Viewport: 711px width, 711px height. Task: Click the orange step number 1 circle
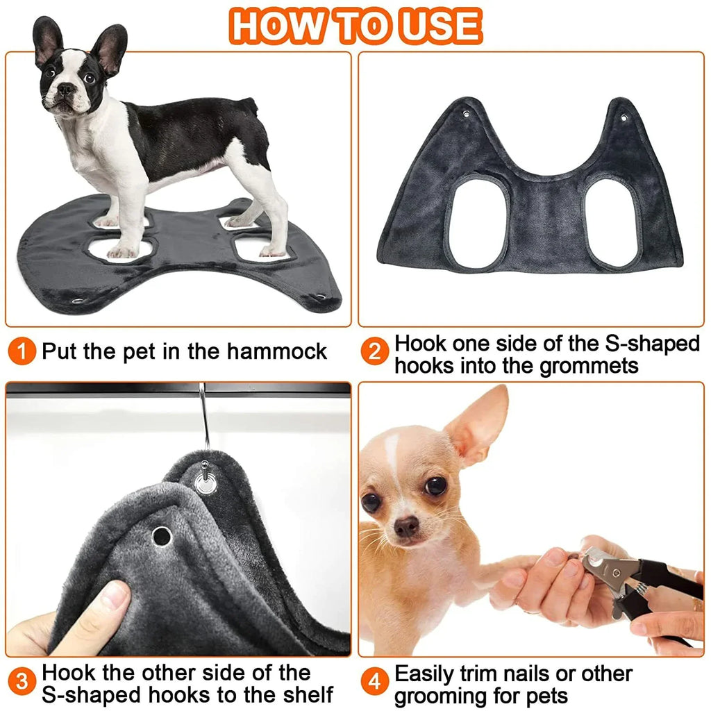[23, 352]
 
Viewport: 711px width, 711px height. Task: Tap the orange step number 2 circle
[374, 353]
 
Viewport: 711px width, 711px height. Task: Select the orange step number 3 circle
[23, 682]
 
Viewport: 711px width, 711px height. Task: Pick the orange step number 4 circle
[375, 682]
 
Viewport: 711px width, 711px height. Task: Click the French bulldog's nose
[66, 89]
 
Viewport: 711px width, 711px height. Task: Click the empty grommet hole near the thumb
[161, 535]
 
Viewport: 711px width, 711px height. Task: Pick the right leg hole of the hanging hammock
[612, 223]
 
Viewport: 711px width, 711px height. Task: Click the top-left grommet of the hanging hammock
[467, 111]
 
